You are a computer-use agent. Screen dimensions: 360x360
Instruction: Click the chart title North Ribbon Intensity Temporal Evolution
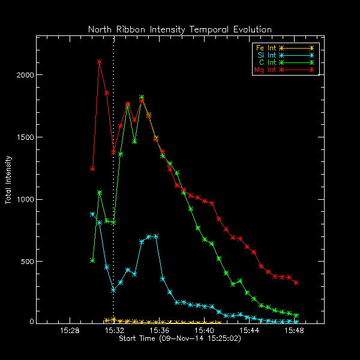180,29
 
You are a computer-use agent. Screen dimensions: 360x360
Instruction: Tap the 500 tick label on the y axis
27,262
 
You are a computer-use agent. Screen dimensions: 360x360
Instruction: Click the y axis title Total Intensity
9,180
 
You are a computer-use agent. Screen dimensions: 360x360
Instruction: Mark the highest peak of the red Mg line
100,62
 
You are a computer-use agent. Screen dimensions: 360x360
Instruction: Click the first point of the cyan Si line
92,214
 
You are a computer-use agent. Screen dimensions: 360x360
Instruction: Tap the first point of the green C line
92,260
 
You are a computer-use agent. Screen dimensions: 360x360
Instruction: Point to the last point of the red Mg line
296,283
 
